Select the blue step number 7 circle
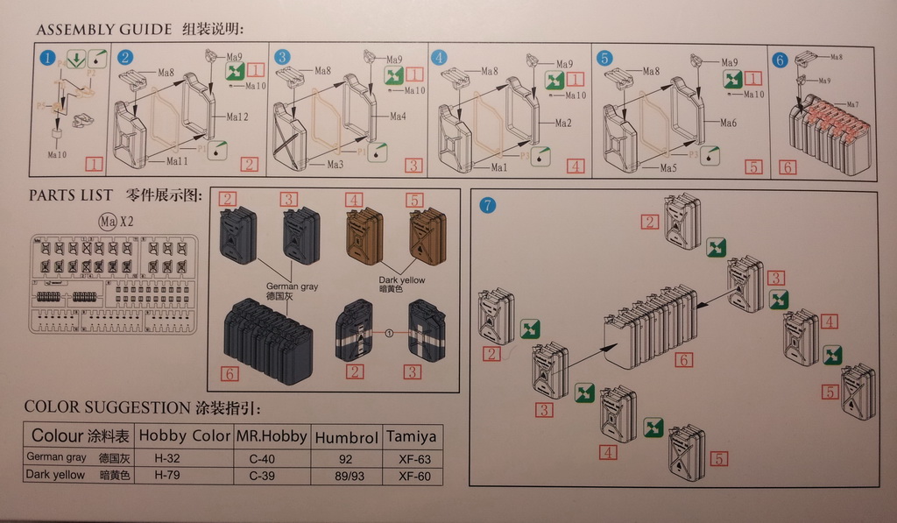488,206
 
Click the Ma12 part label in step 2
238,117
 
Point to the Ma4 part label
398,117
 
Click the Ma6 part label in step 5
728,124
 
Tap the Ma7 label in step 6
851,104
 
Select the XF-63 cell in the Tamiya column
413,458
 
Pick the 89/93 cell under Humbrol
346,476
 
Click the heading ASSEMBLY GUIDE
103,30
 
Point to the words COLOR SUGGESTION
102,407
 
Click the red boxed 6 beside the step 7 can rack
684,359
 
